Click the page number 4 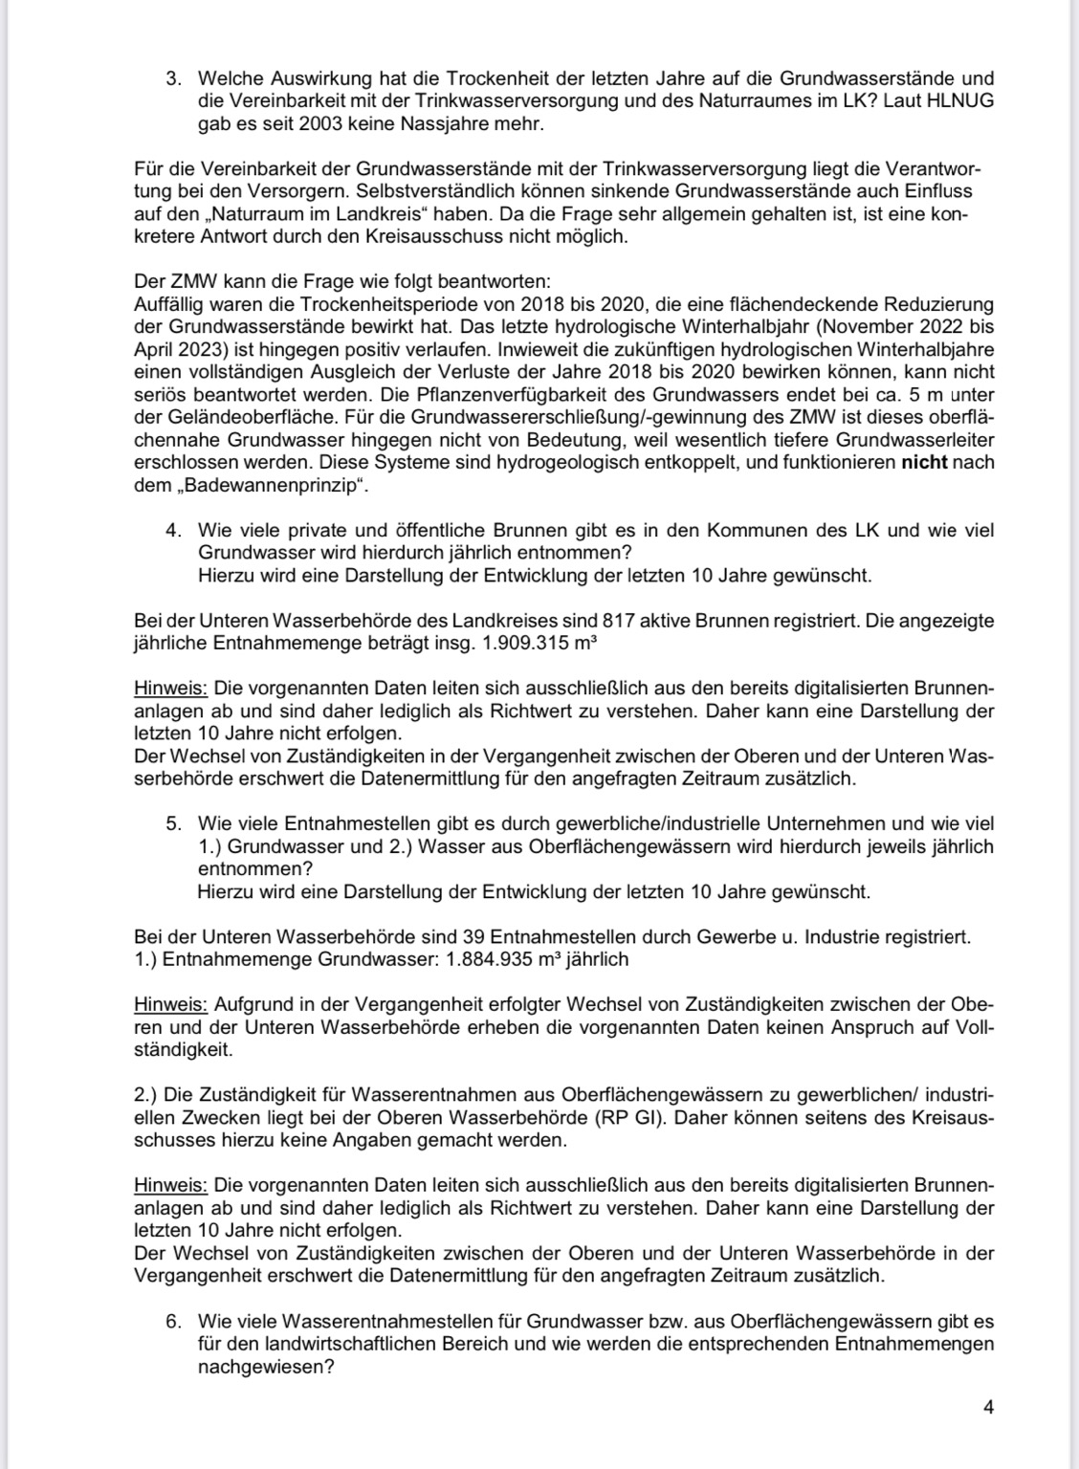(988, 1407)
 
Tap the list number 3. (172, 78)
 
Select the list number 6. (172, 1322)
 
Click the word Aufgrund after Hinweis (251, 1004)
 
